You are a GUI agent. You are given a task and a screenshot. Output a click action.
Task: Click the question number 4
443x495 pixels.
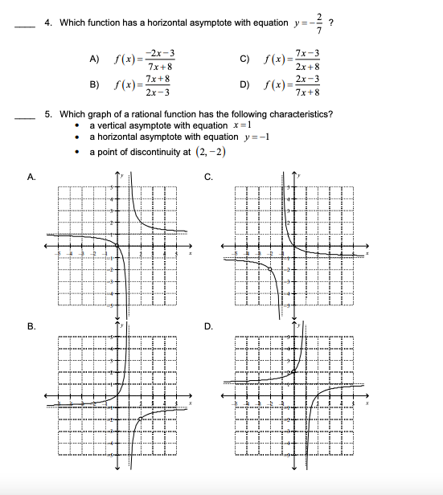(47, 22)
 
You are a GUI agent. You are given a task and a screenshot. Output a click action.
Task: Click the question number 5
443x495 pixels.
(47, 114)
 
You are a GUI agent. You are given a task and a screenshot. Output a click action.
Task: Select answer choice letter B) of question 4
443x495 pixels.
(95, 84)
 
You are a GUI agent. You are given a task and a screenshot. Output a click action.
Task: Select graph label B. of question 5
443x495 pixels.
(31, 326)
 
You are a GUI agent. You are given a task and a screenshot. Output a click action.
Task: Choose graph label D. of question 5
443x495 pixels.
(208, 326)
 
